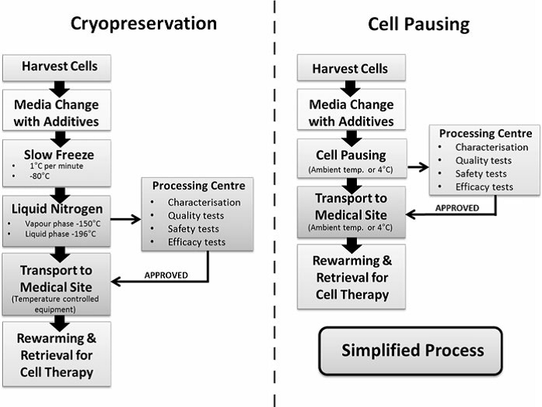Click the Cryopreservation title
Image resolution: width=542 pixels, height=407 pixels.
pos(144,24)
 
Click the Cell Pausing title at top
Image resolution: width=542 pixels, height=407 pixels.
pos(419,25)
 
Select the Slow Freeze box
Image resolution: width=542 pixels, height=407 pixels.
pos(57,163)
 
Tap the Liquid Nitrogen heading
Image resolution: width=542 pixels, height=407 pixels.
pos(57,209)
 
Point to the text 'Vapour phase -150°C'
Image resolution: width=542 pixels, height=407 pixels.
pos(63,224)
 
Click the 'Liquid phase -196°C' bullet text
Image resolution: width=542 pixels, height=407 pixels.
pos(60,234)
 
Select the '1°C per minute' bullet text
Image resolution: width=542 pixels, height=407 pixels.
pos(57,166)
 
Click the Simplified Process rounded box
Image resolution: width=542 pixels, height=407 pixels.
pos(410,351)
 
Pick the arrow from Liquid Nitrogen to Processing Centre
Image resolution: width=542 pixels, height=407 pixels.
pos(125,219)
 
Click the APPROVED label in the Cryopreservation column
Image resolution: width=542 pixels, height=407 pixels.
pos(166,275)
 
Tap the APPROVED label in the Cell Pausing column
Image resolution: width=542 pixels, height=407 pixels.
pos(457,208)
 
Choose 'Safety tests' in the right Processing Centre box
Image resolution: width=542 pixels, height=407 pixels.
pos(481,174)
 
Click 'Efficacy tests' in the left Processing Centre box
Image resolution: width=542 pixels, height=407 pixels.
pos(197,242)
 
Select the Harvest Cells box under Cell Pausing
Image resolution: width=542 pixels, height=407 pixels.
pos(352,68)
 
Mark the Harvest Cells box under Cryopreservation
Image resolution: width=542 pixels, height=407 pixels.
pos(57,68)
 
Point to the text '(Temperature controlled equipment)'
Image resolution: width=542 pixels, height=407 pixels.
pos(55,304)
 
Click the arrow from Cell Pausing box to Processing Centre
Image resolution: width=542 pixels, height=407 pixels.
pos(418,167)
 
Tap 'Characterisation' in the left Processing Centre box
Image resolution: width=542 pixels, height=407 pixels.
pos(204,202)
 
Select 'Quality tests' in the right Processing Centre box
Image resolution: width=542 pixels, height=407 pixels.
pos(483,161)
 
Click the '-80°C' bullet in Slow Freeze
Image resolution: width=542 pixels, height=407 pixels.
pos(39,176)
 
